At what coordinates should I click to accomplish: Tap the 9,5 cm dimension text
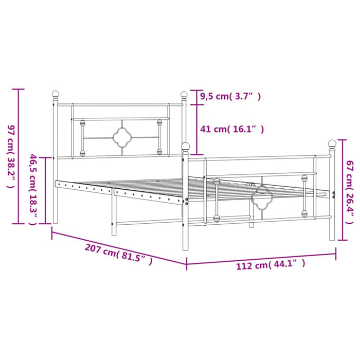tap(230, 96)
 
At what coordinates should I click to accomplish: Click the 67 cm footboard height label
tap(350, 192)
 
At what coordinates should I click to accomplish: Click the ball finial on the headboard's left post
tap(56, 95)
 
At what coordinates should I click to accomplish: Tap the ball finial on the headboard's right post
tap(184, 95)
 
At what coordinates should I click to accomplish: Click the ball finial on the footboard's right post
tap(332, 143)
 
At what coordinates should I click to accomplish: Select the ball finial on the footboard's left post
tap(186, 147)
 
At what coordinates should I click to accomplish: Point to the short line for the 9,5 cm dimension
tap(194, 97)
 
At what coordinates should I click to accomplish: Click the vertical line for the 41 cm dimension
tap(194, 130)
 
